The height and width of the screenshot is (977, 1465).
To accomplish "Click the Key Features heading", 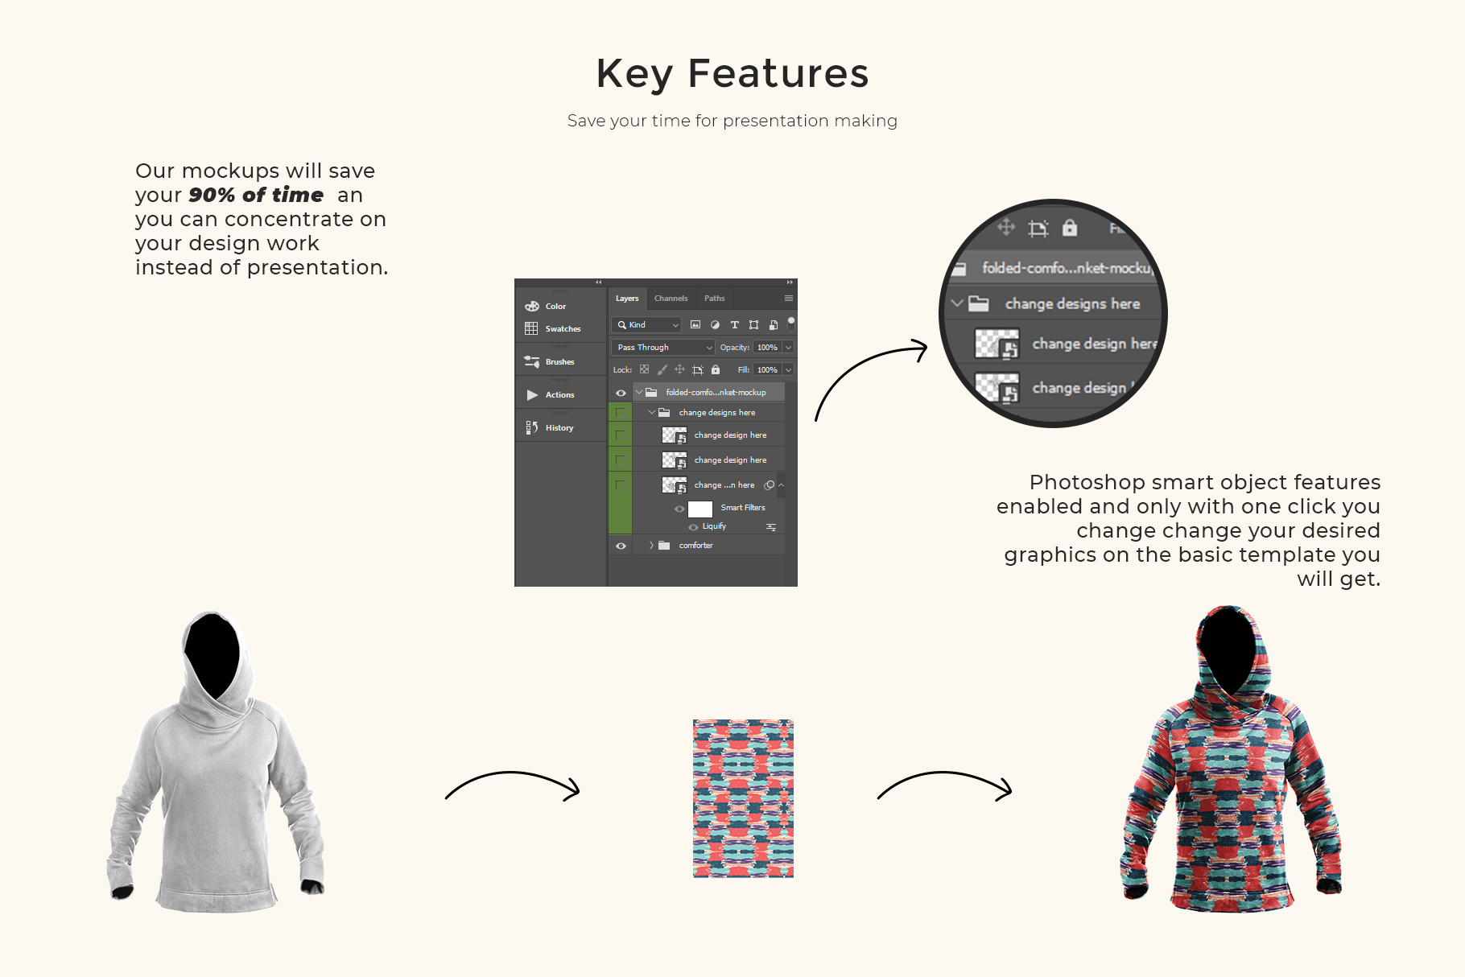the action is [732, 74].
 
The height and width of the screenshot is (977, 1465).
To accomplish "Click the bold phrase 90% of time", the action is [256, 195].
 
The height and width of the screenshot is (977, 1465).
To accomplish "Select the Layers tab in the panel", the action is [627, 299].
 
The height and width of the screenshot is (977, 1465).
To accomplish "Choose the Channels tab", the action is [671, 299].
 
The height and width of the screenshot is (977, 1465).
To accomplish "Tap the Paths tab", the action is [714, 299].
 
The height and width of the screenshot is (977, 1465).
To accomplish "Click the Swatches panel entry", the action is [563, 329].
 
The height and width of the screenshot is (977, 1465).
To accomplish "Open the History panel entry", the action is [559, 428].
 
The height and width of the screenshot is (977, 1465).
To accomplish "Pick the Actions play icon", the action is [532, 395].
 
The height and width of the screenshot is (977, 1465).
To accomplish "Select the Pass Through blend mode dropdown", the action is [662, 348].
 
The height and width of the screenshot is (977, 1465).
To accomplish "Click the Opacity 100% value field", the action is [767, 348].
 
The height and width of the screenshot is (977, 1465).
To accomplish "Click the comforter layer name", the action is [695, 546].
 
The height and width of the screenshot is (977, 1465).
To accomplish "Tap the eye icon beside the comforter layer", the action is [621, 546].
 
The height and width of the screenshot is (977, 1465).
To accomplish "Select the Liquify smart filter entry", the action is [714, 526].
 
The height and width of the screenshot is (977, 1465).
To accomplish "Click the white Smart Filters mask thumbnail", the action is [700, 509].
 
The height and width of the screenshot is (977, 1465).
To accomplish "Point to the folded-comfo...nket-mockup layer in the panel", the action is [716, 393].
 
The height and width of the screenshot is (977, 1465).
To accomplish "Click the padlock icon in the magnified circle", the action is [1070, 228].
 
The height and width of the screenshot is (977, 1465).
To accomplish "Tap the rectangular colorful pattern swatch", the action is [743, 798].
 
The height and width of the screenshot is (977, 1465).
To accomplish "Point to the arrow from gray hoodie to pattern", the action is [512, 774].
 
